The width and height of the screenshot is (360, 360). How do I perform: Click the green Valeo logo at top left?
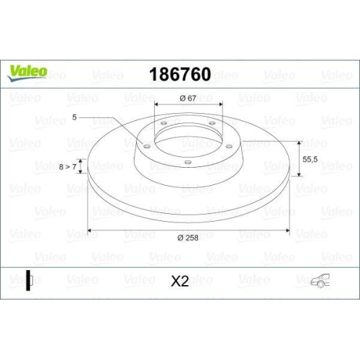(x=27, y=70)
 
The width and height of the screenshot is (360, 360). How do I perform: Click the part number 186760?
(x=179, y=75)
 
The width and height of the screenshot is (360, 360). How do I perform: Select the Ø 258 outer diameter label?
(x=188, y=238)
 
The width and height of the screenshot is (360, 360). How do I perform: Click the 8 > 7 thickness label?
(x=67, y=166)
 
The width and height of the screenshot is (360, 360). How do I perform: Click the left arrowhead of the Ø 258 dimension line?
(x=89, y=232)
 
